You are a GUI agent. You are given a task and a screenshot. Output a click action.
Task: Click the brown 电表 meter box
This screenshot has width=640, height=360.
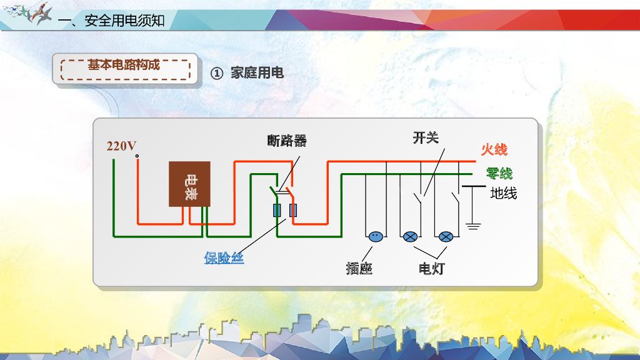[190, 184]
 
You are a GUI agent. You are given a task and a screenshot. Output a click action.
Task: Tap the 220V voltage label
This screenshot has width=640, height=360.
[121, 146]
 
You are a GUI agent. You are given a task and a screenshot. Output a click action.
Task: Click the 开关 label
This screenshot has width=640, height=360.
[426, 137]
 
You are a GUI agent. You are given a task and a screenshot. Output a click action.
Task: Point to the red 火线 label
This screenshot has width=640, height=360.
[494, 149]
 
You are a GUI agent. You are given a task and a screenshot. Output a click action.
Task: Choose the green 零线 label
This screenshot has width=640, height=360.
[499, 173]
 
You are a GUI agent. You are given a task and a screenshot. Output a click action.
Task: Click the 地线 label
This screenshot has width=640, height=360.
[504, 193]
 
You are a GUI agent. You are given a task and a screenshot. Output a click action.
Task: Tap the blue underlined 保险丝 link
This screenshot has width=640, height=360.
[224, 257]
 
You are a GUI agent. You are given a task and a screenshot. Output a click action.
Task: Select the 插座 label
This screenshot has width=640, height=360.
[359, 269]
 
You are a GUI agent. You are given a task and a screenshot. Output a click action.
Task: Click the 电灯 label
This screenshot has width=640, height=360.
[431, 269]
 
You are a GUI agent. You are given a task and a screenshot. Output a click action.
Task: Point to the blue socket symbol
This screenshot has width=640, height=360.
[375, 237]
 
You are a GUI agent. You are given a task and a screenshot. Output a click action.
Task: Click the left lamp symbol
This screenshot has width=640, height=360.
[410, 237]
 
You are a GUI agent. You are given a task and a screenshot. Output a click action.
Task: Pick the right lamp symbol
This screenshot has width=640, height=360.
[446, 237]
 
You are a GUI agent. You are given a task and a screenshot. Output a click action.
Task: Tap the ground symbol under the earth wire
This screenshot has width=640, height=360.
[473, 225]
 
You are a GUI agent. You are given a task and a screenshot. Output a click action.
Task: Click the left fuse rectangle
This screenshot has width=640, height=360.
[277, 211]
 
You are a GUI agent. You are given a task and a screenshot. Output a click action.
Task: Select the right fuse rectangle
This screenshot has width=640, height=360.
[292, 211]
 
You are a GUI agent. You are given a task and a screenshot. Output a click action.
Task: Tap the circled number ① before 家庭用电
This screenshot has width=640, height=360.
[216, 73]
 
